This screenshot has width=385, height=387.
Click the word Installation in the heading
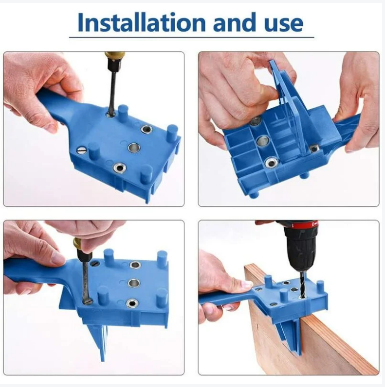pos(142,23)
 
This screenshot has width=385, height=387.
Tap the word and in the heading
pos(235,23)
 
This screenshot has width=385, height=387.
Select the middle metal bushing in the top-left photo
pos(134,147)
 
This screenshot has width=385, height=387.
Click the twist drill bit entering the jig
pos(302,285)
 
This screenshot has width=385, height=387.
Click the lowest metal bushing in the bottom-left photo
pos(132,303)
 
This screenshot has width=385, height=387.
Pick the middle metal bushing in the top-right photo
pos(263,141)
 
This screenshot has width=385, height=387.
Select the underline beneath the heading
pos(191,37)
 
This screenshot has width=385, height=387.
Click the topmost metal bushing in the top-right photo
pos(255,121)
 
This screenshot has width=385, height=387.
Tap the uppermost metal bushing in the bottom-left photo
pos(135,265)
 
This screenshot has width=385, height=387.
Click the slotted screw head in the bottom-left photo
pos(94,263)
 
